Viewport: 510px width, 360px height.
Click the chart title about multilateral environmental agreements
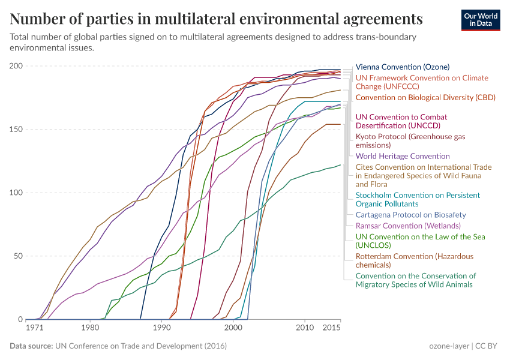coord(216,19)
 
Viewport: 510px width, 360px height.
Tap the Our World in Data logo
coord(480,19)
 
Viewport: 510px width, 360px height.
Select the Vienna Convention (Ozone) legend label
coord(402,67)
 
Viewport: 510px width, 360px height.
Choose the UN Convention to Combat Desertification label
coord(401,121)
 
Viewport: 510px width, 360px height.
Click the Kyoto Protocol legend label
coord(410,141)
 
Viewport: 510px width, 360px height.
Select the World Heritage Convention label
coord(403,156)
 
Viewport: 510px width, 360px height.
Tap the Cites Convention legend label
coord(424,176)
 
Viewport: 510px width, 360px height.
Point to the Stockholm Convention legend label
coord(418,200)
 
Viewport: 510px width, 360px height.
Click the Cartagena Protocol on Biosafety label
coord(410,215)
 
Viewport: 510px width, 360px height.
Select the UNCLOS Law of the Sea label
coord(420,241)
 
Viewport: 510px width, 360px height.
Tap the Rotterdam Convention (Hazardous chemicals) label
coord(414,260)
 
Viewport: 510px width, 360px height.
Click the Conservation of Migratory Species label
coord(415,280)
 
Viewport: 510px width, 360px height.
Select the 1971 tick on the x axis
coord(34,328)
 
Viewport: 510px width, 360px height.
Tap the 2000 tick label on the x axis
coord(233,328)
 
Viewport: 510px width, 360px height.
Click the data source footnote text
coord(118,346)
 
